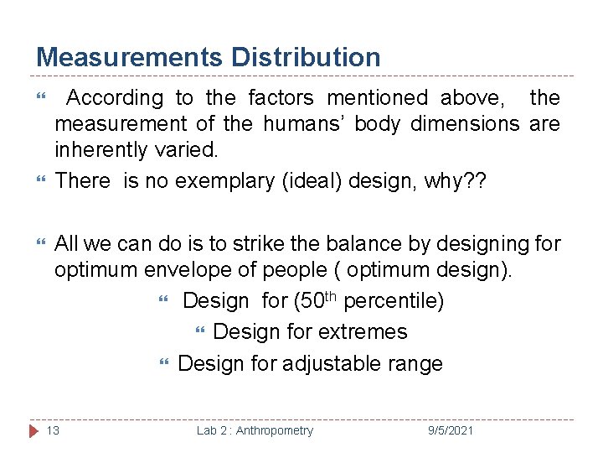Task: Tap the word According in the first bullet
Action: tap(115, 98)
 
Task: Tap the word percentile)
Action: tap(394, 300)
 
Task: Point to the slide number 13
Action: tap(53, 430)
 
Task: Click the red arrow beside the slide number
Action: tap(33, 430)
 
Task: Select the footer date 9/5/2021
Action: tap(451, 430)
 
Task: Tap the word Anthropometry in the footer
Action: tap(275, 430)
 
